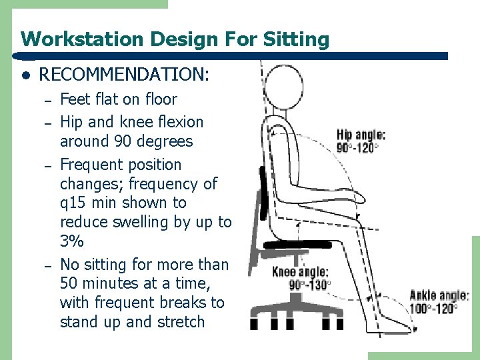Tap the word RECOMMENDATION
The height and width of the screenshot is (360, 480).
click(x=124, y=74)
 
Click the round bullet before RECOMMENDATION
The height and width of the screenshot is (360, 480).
click(x=25, y=75)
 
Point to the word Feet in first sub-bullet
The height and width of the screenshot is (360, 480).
click(x=75, y=99)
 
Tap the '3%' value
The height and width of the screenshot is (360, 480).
click(x=72, y=241)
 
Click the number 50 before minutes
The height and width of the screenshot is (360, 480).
click(x=69, y=283)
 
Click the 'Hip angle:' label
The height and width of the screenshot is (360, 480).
click(x=361, y=134)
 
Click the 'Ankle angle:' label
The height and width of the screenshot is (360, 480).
click(x=439, y=295)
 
